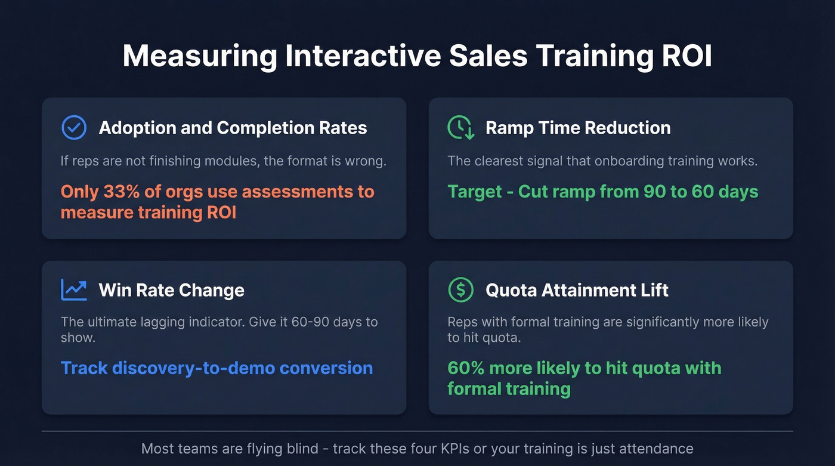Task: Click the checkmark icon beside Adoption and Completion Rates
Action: point(74,128)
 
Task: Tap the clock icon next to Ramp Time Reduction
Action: point(460,128)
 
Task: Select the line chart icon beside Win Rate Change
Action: point(74,291)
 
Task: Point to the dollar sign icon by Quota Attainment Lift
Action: point(460,291)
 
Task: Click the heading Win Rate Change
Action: point(172,291)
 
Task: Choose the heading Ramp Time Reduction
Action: point(578,128)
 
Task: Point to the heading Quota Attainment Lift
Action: point(577,291)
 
